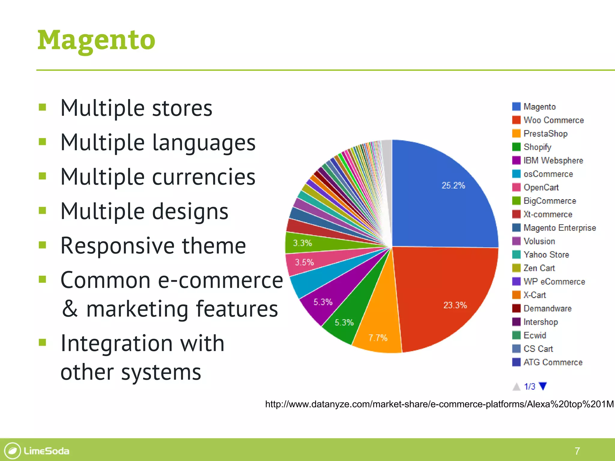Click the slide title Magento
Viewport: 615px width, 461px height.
click(96, 41)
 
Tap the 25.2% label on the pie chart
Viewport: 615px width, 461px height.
click(453, 185)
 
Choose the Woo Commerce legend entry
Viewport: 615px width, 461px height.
click(553, 120)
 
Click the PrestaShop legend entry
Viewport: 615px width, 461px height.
click(545, 134)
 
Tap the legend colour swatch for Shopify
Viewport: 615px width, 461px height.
click(516, 147)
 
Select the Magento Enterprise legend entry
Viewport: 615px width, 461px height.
click(559, 228)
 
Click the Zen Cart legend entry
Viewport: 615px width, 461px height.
click(539, 268)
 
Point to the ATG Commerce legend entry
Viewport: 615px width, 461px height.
click(553, 362)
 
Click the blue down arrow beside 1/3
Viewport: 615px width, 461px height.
click(543, 386)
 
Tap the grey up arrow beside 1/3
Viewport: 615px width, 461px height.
click(517, 387)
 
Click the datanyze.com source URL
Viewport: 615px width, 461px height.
click(439, 404)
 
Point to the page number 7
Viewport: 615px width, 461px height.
click(577, 451)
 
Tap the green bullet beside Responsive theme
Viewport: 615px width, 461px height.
click(42, 245)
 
